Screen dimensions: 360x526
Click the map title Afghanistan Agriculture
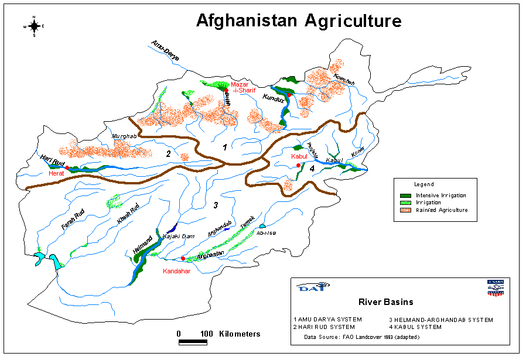click(x=299, y=21)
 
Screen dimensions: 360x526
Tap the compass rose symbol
click(x=34, y=26)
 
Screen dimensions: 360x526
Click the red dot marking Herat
click(x=67, y=168)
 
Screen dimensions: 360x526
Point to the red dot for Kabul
click(x=298, y=166)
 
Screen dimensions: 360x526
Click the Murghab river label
click(x=124, y=136)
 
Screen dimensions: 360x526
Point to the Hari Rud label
click(x=52, y=158)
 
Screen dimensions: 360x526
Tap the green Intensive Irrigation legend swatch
click(x=405, y=195)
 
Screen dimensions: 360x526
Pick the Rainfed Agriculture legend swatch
click(x=405, y=210)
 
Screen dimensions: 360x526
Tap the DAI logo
click(x=309, y=287)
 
